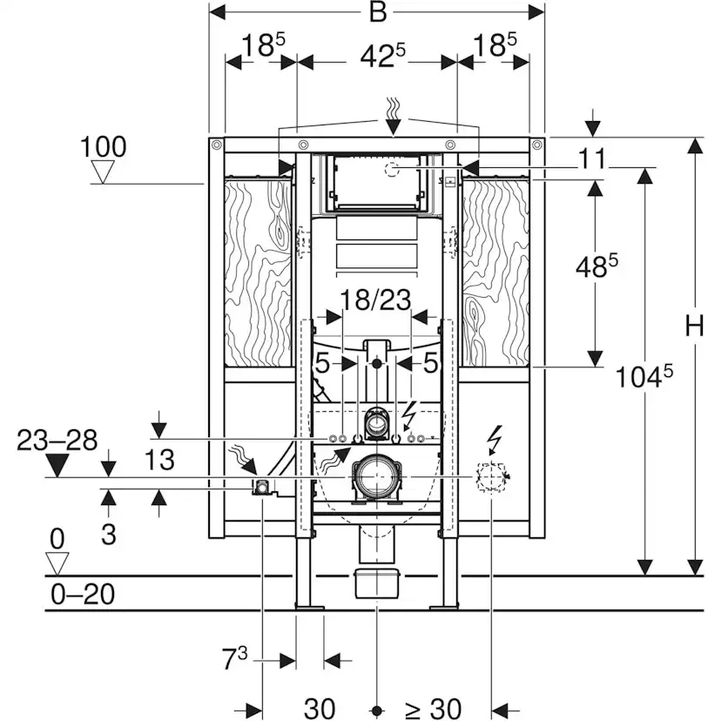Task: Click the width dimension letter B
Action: (x=378, y=12)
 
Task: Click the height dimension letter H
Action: (x=694, y=326)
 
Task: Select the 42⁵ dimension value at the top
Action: (x=382, y=57)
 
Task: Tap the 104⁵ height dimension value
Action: (x=644, y=376)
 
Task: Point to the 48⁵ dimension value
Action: (x=596, y=266)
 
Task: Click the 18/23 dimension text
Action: (x=375, y=300)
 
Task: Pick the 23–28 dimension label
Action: (x=57, y=440)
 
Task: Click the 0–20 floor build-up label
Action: (x=83, y=594)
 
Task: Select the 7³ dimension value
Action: (x=235, y=658)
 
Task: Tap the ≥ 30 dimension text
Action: (x=434, y=708)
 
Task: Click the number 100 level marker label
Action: (x=103, y=147)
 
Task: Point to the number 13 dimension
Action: (x=159, y=460)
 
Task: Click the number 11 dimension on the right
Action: (x=592, y=159)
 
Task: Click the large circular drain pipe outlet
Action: (x=376, y=477)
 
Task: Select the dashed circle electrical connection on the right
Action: (x=491, y=477)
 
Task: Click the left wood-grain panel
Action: (x=258, y=273)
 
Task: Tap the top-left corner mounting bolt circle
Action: (x=216, y=145)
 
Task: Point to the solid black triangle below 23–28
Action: (x=57, y=465)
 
